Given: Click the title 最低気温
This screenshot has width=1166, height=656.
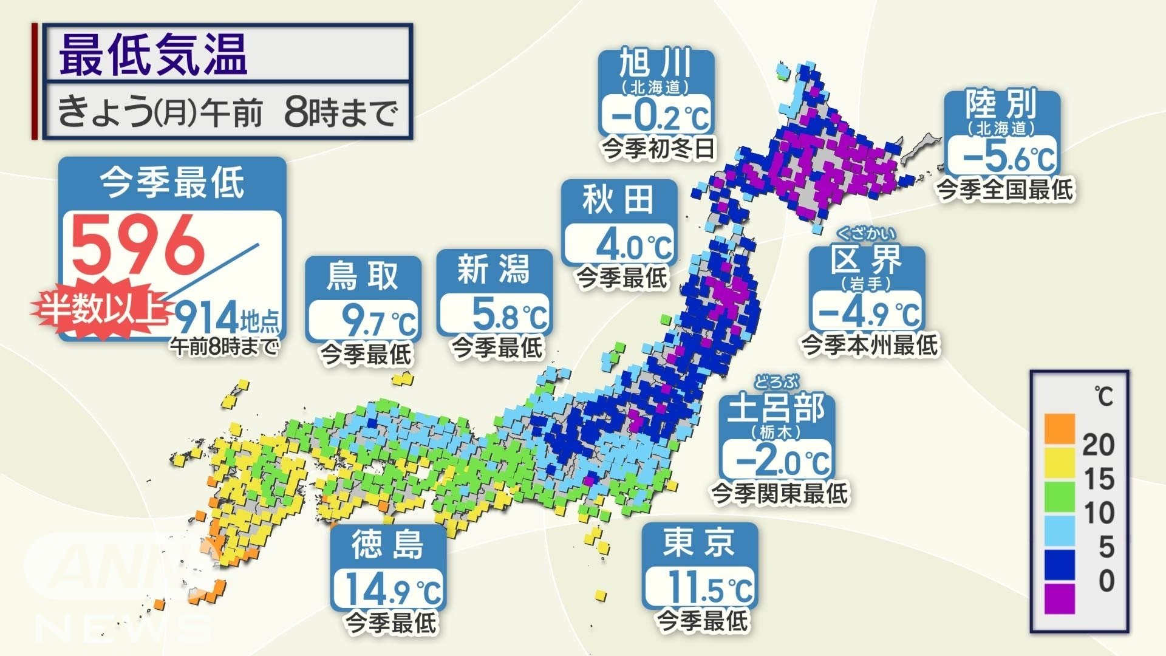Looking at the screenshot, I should pos(153,55).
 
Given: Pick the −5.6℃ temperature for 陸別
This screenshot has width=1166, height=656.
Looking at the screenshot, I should pos(1002,156).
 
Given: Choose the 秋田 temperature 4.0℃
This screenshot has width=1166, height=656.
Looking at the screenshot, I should pos(619,245).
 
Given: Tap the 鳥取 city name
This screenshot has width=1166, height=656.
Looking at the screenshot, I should pos(363,276).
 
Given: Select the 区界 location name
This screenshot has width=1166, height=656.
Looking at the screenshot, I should pos(867,261).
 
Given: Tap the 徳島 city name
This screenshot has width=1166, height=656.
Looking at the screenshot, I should pos(387,544).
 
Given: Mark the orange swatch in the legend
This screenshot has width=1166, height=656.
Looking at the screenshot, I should pos(1060,428).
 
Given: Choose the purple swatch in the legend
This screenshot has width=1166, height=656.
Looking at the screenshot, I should pos(1060,598).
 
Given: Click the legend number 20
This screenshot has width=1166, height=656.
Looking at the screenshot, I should pos(1098,445).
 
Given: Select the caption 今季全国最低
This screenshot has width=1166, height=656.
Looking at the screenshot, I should pos(1005,190).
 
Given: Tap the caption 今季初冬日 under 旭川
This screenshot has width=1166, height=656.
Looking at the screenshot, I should pos(658,148).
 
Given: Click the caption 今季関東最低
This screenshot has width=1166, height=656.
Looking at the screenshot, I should pos(779,493).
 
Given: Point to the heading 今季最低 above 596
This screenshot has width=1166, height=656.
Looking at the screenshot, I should pos(172,183).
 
